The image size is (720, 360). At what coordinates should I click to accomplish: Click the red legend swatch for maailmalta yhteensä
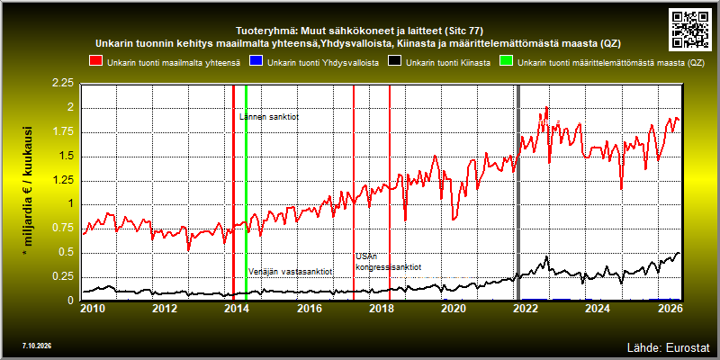[96, 62]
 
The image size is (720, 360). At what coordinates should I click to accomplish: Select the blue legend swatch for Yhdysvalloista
[256, 62]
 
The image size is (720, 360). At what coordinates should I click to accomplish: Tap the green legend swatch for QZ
[507, 62]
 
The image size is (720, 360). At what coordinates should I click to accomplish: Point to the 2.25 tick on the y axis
[63, 84]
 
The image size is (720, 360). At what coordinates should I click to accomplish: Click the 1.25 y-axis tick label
[63, 180]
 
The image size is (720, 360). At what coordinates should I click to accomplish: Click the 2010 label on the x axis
[92, 308]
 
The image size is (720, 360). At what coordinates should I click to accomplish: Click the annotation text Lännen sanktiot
[269, 117]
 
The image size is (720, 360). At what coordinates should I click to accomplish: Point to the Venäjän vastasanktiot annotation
[290, 272]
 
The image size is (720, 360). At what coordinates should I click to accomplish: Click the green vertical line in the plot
[246, 193]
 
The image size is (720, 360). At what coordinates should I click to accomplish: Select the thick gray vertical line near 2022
[518, 193]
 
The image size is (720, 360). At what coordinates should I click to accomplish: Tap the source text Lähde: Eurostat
[669, 346]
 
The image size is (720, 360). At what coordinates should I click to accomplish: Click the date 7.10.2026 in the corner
[37, 346]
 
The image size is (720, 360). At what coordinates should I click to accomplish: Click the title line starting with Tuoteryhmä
[359, 31]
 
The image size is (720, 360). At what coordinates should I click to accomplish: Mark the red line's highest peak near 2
[546, 107]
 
